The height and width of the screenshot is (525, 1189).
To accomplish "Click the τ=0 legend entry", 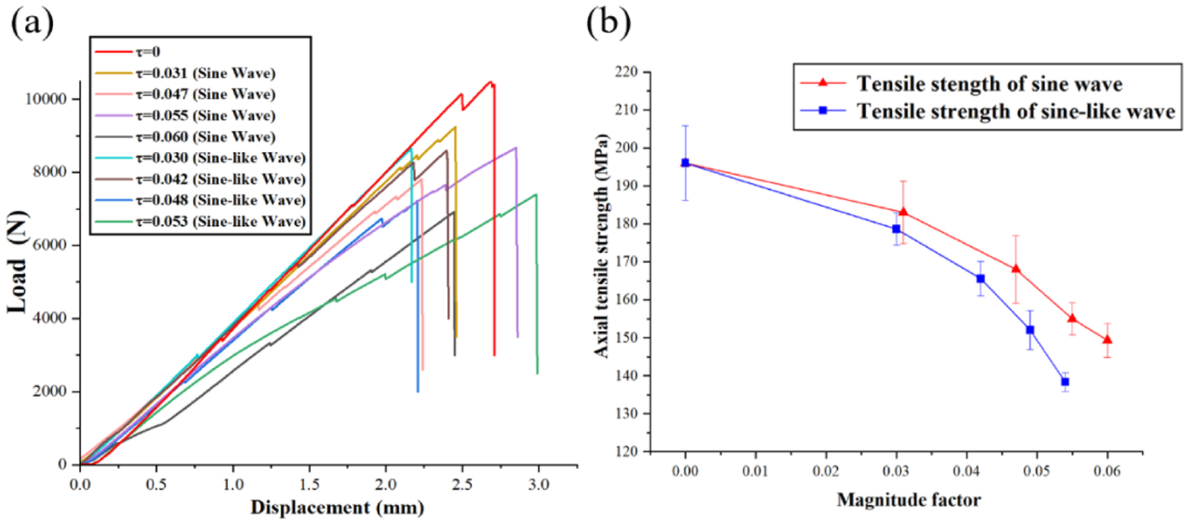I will (147, 52).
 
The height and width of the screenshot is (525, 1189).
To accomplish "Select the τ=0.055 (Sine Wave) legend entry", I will (205, 115).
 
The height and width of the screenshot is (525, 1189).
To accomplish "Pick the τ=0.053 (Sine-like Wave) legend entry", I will (220, 222).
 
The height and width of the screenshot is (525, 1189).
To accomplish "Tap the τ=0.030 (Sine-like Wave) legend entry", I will (220, 158).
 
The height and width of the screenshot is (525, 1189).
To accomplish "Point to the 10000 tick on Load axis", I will (46, 99).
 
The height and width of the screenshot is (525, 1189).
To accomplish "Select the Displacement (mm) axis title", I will (337, 508).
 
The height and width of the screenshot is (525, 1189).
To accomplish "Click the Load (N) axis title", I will (18, 262).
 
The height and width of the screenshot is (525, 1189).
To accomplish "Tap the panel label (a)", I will (32, 22).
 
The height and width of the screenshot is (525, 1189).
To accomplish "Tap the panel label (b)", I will (608, 22).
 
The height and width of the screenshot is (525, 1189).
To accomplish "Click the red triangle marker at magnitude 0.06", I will (1107, 339).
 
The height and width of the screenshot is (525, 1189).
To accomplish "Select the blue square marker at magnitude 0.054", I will (1065, 382).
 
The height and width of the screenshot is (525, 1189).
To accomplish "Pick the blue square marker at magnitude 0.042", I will (980, 278).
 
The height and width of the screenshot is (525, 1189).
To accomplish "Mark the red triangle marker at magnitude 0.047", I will (1015, 269).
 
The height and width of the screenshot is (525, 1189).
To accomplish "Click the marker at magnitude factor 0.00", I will (685, 163).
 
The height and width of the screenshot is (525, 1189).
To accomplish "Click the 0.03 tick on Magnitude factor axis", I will (897, 472).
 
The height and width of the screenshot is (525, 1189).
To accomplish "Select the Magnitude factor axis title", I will (908, 500).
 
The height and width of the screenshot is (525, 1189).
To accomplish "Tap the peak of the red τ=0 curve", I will (490, 82).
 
